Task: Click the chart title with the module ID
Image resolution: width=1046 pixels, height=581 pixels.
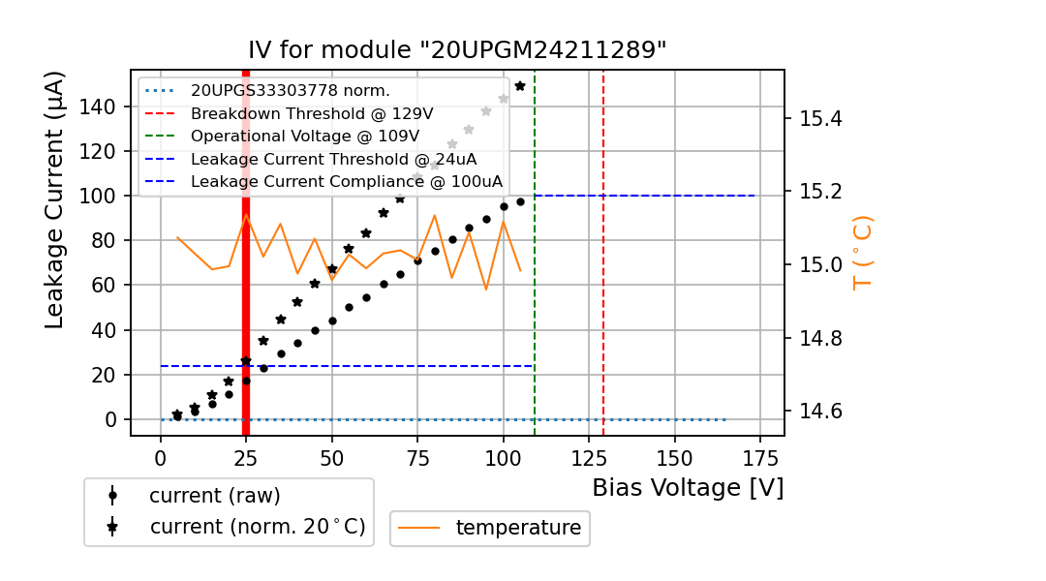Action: point(457,50)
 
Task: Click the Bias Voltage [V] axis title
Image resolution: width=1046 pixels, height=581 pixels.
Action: point(688,487)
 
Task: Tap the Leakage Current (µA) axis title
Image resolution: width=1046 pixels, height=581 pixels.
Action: point(55,199)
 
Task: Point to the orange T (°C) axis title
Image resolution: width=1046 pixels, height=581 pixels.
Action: point(862,252)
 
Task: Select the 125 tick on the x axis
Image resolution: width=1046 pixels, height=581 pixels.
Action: point(589,456)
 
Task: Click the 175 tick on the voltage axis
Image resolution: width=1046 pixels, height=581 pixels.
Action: point(760,456)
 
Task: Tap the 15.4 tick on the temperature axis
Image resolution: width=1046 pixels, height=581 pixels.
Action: point(820,119)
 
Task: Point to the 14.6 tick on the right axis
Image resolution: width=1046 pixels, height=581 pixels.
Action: point(820,412)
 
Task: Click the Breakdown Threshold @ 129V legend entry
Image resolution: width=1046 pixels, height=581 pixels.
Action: point(312,113)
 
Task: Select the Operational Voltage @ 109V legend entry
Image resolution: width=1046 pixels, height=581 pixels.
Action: point(305,136)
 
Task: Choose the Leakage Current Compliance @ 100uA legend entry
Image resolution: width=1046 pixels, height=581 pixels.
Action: point(347,181)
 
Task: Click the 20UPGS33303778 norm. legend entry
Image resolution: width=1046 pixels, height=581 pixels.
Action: point(291,91)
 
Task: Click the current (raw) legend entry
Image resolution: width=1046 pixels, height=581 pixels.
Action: point(214,496)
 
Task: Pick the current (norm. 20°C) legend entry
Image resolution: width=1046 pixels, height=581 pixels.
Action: point(257,527)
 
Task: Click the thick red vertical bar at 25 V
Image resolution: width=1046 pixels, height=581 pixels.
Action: point(246,290)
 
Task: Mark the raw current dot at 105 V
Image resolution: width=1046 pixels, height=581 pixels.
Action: point(520,201)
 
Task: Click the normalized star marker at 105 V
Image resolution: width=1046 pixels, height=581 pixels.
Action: point(520,86)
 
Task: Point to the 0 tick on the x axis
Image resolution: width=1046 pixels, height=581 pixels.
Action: point(161,456)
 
